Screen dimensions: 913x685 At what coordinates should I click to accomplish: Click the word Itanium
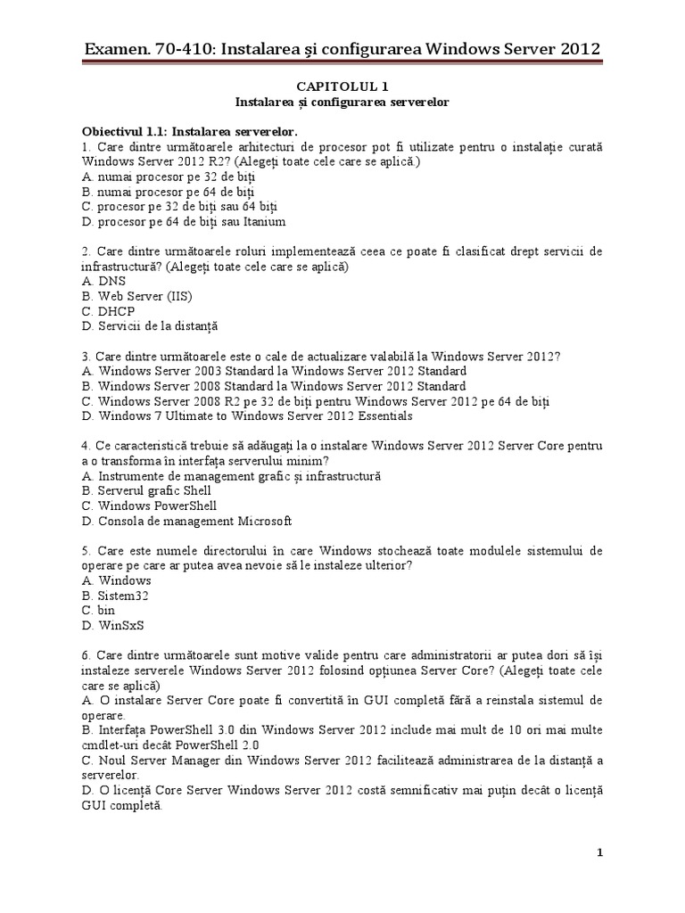tap(265, 222)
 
